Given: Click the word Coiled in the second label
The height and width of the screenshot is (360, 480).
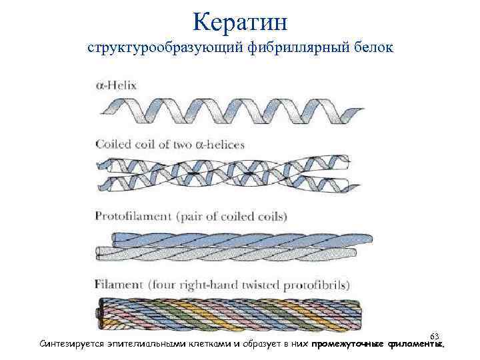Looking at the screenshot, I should pos(115,143).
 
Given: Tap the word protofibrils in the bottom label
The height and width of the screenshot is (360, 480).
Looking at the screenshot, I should pos(319,285).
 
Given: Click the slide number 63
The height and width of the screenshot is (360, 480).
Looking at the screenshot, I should pos(435,335).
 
